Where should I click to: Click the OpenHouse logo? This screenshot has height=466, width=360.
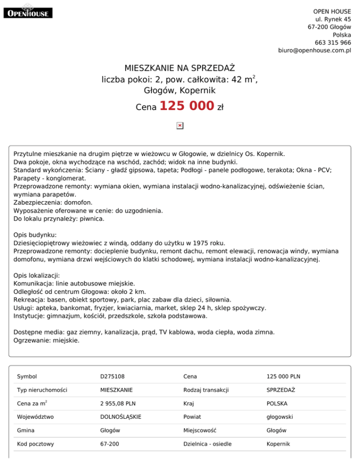click(x=28, y=13)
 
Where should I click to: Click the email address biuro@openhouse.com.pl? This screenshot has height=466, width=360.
click(x=315, y=50)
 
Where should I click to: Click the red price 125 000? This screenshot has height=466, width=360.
click(x=187, y=106)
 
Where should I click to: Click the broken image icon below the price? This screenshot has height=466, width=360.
click(x=180, y=126)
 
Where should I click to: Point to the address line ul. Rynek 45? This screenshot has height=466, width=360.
click(x=333, y=19)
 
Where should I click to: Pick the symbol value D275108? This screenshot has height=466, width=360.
click(x=112, y=376)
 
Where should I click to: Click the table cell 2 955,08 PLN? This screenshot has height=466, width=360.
click(x=119, y=403)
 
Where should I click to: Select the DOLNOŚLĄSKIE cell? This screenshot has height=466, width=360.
click(x=121, y=416)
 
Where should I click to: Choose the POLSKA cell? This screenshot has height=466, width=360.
click(x=277, y=403)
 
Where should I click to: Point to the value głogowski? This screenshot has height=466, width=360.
click(x=280, y=416)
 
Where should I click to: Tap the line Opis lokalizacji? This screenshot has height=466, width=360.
click(x=37, y=275)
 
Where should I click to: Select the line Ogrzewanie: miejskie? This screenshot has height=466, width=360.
click(x=47, y=340)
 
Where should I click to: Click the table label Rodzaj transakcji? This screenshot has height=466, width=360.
click(x=206, y=390)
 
